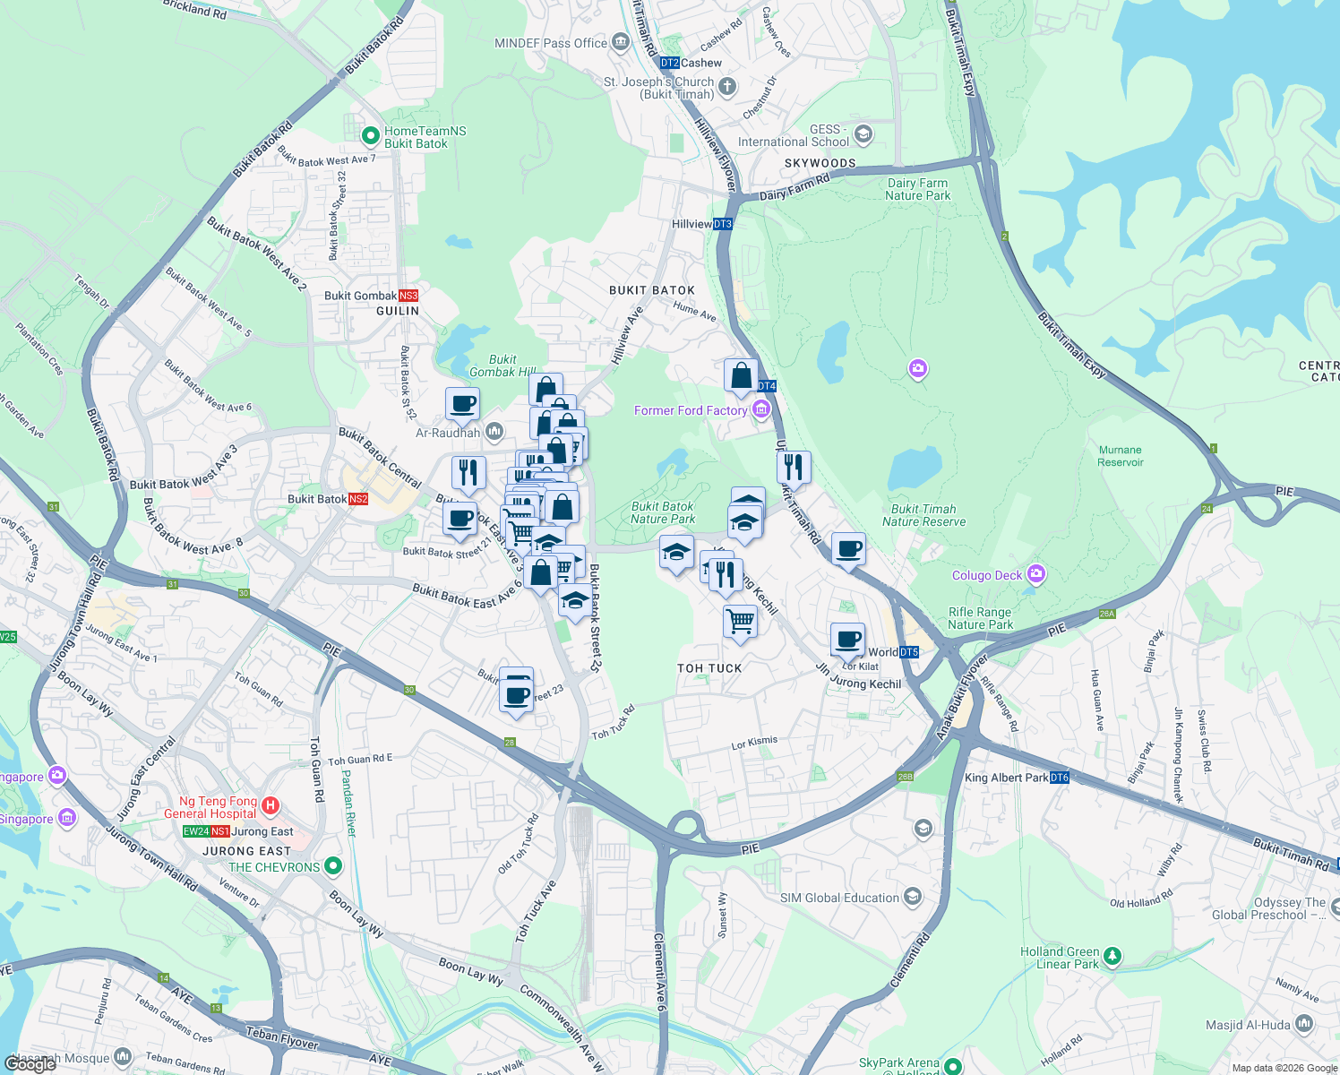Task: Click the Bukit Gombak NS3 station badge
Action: (x=408, y=296)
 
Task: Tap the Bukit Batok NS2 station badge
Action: (x=358, y=499)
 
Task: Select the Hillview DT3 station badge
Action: (x=723, y=224)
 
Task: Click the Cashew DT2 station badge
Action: (x=669, y=63)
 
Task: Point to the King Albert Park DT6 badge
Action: (x=1060, y=778)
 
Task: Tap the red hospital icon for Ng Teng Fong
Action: (x=271, y=807)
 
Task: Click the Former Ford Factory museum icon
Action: (x=761, y=410)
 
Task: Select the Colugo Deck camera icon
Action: (x=1036, y=574)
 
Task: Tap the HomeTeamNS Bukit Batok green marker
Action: (x=370, y=136)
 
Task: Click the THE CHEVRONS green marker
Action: (x=333, y=866)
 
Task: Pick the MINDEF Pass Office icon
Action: (x=621, y=42)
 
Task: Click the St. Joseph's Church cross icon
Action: (x=727, y=87)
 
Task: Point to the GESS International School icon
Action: (x=863, y=135)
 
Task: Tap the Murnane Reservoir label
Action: (x=1121, y=456)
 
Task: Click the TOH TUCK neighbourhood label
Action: (x=709, y=668)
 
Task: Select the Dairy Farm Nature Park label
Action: (x=917, y=189)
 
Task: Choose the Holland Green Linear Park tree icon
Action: (x=1112, y=957)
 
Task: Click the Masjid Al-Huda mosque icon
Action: (x=1304, y=1024)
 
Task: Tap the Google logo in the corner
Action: (x=30, y=1063)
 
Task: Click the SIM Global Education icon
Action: (x=913, y=897)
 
